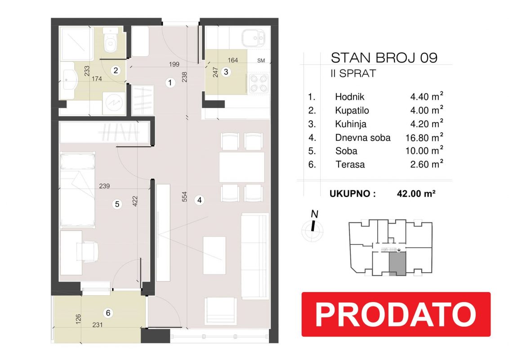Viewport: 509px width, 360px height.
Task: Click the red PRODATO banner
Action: point(396,314)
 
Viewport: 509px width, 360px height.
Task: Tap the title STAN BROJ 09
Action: point(384,58)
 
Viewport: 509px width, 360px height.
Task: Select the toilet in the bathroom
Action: point(110,40)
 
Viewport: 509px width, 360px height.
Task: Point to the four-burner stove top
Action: point(259,84)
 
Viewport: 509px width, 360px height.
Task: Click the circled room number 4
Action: point(199,200)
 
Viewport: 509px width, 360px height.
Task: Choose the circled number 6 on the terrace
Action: point(108,313)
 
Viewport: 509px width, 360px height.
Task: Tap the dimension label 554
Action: point(184,197)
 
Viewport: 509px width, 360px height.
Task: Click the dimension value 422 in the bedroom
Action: point(135,201)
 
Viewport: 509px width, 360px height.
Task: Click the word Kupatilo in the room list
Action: point(352,110)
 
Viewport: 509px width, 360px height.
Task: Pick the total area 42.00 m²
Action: point(416,193)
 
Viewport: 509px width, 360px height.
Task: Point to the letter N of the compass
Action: point(314,214)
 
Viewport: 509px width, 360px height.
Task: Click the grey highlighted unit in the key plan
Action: point(397,264)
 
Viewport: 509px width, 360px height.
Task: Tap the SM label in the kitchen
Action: point(261,60)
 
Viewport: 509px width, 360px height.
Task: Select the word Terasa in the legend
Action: point(350,164)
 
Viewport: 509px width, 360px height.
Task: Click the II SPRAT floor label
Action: point(353,73)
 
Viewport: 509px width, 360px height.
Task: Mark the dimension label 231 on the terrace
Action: point(98,324)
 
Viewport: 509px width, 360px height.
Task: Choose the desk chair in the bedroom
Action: point(87,251)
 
